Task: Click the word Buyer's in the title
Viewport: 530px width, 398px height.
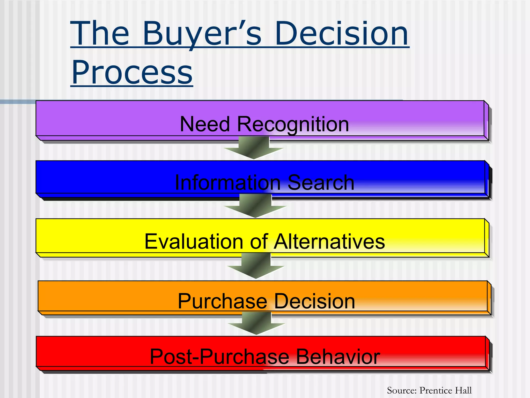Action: pos(202,34)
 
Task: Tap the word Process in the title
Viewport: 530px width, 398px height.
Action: pos(132,72)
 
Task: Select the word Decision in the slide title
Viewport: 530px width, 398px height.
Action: pos(342,34)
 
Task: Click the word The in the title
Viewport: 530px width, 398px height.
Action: pos(100,34)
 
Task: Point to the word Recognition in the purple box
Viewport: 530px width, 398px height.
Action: pos(293,124)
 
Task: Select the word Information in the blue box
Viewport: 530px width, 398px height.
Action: pos(228,182)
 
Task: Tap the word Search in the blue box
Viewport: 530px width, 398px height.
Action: pos(321,182)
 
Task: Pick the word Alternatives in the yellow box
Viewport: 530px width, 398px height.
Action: pos(329,241)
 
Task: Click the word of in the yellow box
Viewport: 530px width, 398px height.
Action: pos(259,241)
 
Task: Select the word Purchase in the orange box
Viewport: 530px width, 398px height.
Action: pos(223,301)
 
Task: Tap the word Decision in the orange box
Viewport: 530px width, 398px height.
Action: pos(314,301)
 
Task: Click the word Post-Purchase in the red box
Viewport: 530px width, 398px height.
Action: pos(219,357)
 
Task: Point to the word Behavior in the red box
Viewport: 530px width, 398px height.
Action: pos(338,357)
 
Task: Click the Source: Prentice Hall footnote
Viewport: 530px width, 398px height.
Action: pos(429,390)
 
